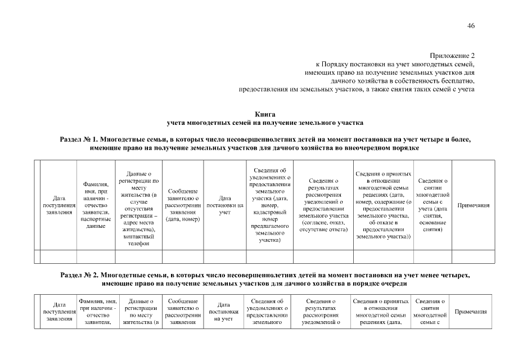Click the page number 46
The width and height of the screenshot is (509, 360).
[x=471, y=25]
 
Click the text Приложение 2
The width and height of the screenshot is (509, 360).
[x=452, y=56]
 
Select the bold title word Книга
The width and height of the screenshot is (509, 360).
[x=265, y=114]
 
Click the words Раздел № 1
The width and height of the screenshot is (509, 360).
[x=79, y=139]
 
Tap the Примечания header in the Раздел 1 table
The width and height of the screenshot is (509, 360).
[x=473, y=205]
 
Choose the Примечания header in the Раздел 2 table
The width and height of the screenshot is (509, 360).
[x=470, y=312]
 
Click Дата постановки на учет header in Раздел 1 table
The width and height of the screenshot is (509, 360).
[x=225, y=205]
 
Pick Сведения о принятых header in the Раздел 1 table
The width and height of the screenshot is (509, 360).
[x=384, y=205]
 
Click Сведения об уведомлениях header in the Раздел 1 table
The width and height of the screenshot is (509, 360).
[x=270, y=205]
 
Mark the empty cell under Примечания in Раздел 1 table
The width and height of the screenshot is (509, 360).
[x=473, y=256]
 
